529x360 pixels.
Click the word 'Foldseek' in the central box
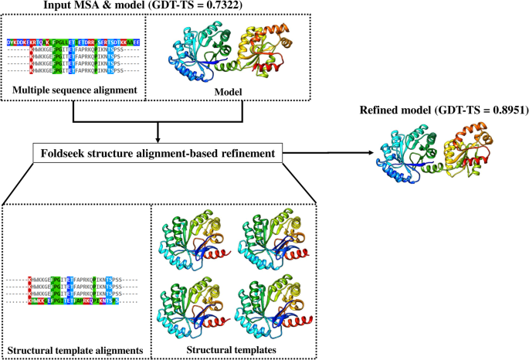pos(73,154)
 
